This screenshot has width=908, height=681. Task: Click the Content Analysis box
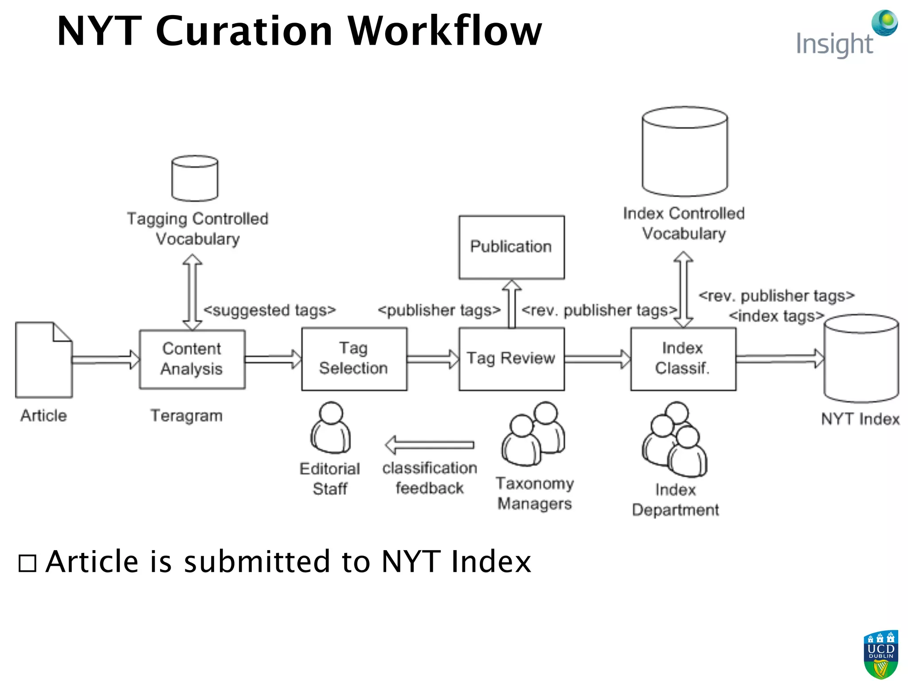coord(192,359)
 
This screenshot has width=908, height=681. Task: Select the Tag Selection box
coord(354,359)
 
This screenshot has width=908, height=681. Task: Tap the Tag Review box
coord(511,359)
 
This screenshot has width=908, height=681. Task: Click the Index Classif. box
coord(683,359)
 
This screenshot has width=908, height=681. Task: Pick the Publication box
coord(511,247)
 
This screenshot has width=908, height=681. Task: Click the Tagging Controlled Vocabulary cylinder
coord(195,178)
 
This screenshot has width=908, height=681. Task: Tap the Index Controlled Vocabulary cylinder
coord(685,152)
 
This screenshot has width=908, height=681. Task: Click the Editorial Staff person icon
coord(331,428)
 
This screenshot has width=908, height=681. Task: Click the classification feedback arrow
coord(429,445)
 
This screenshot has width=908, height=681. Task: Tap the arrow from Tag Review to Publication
coord(512,304)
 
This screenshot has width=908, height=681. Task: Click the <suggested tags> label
coord(269,310)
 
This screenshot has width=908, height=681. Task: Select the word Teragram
coord(186,416)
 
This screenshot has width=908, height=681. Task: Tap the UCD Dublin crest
coord(881,654)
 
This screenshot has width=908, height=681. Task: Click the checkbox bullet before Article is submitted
coord(27,564)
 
